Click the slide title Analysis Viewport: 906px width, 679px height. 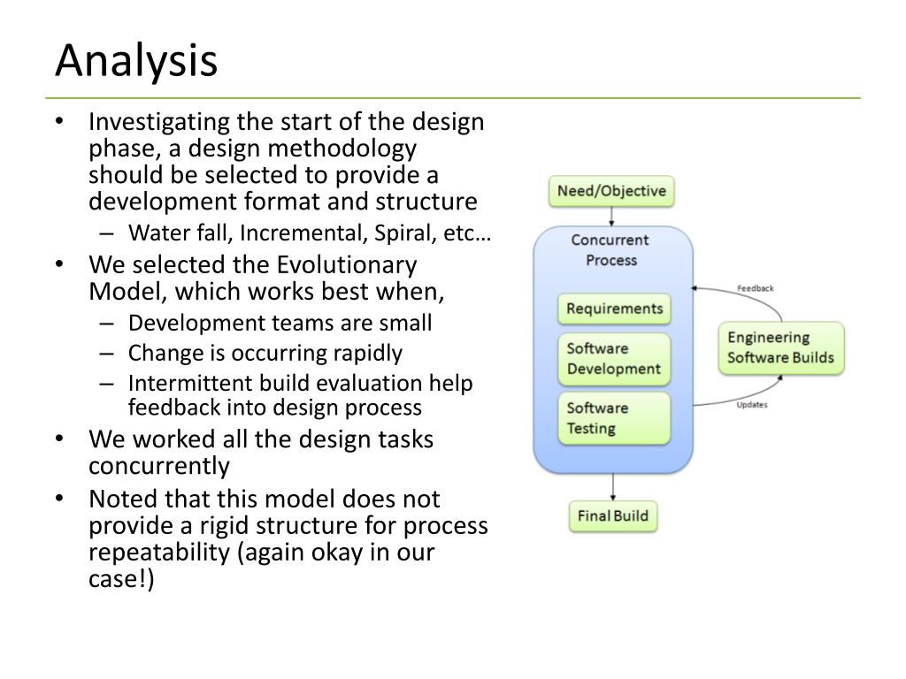pyautogui.click(x=136, y=61)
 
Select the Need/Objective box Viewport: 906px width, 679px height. pyautogui.click(x=611, y=191)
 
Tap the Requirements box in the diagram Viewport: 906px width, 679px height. pyautogui.click(x=614, y=309)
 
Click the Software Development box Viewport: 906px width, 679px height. pyautogui.click(x=614, y=358)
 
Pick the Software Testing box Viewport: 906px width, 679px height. pyautogui.click(x=614, y=418)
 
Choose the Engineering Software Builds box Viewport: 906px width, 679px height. pyautogui.click(x=780, y=347)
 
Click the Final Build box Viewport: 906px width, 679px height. pyautogui.click(x=613, y=515)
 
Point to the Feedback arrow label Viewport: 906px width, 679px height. pyautogui.click(x=755, y=288)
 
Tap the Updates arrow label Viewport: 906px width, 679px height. pyautogui.click(x=752, y=405)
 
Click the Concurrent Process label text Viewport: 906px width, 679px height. pyautogui.click(x=610, y=249)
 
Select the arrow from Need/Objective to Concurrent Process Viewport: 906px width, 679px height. pyautogui.click(x=612, y=217)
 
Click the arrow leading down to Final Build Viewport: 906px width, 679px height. pyautogui.click(x=612, y=486)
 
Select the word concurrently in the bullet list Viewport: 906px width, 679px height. pyautogui.click(x=159, y=466)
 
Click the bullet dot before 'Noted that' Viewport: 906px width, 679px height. pyautogui.click(x=59, y=498)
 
